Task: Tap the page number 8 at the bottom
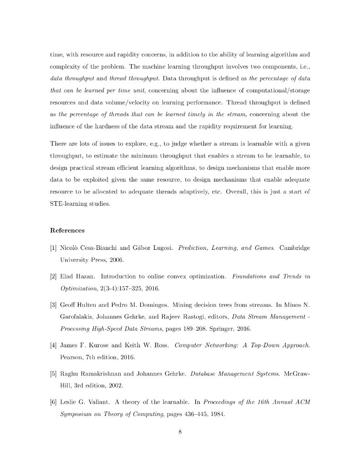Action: [x=180, y=432]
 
